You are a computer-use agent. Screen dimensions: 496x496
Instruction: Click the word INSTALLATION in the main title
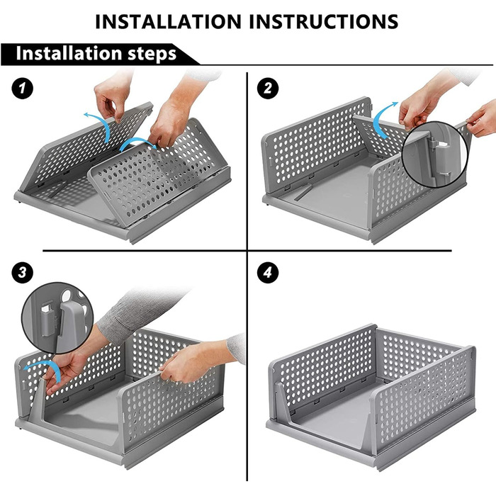[168, 22]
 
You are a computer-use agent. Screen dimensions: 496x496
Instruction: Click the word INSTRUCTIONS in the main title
[324, 22]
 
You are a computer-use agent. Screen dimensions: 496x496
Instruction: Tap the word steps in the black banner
[152, 54]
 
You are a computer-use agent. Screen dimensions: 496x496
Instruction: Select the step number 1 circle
[22, 89]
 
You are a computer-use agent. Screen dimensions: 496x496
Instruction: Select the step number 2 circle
[268, 89]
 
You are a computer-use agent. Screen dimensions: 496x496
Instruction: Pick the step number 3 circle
[22, 272]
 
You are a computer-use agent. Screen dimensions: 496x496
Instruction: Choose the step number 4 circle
[268, 272]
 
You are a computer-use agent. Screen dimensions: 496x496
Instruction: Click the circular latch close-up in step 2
[435, 154]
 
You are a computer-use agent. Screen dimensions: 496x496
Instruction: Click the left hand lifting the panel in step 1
[112, 95]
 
